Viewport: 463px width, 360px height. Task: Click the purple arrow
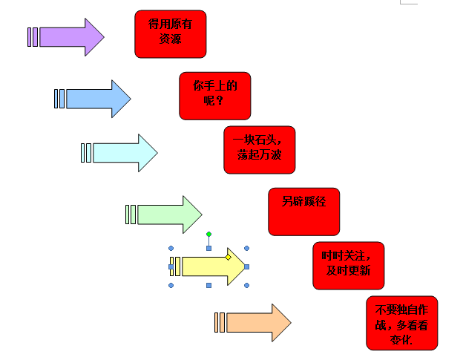tap(70, 37)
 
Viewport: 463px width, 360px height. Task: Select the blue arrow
tap(97, 99)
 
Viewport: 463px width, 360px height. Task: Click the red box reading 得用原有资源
tap(170, 33)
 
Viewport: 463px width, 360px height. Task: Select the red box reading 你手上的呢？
tap(214, 95)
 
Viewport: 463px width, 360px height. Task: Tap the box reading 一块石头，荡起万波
tap(259, 150)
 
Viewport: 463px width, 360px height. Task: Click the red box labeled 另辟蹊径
tap(303, 212)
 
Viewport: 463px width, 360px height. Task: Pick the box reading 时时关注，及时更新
tap(348, 265)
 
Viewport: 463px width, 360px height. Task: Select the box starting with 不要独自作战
tap(401, 323)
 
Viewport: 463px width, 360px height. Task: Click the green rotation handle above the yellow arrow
tap(208, 234)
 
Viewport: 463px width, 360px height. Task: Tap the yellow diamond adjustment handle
tap(229, 257)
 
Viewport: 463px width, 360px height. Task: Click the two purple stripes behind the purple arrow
tap(33, 37)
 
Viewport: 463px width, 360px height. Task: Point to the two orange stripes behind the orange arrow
tap(220, 322)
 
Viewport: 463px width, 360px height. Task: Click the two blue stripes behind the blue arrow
tap(59, 99)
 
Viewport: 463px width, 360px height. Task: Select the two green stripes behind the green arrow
tap(131, 215)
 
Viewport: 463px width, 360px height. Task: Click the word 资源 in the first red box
tap(170, 40)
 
